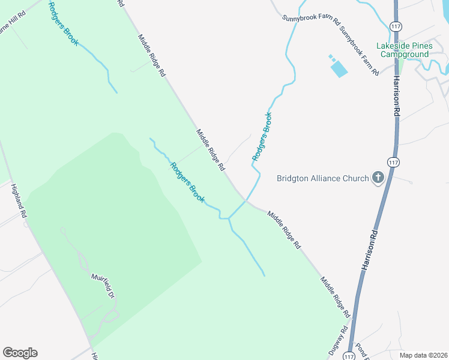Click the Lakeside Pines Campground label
tap(403, 50)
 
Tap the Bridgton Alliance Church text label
tap(322, 178)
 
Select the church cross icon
tap(378, 177)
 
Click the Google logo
tap(20, 353)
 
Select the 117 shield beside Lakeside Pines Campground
tap(396, 26)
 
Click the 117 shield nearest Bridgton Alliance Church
tap(393, 162)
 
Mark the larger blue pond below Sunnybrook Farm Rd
tap(339, 68)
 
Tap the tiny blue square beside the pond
tap(330, 57)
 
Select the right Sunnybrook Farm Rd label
tap(358, 51)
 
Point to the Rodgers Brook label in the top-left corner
tap(63, 23)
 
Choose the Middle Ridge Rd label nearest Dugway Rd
tap(335, 297)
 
